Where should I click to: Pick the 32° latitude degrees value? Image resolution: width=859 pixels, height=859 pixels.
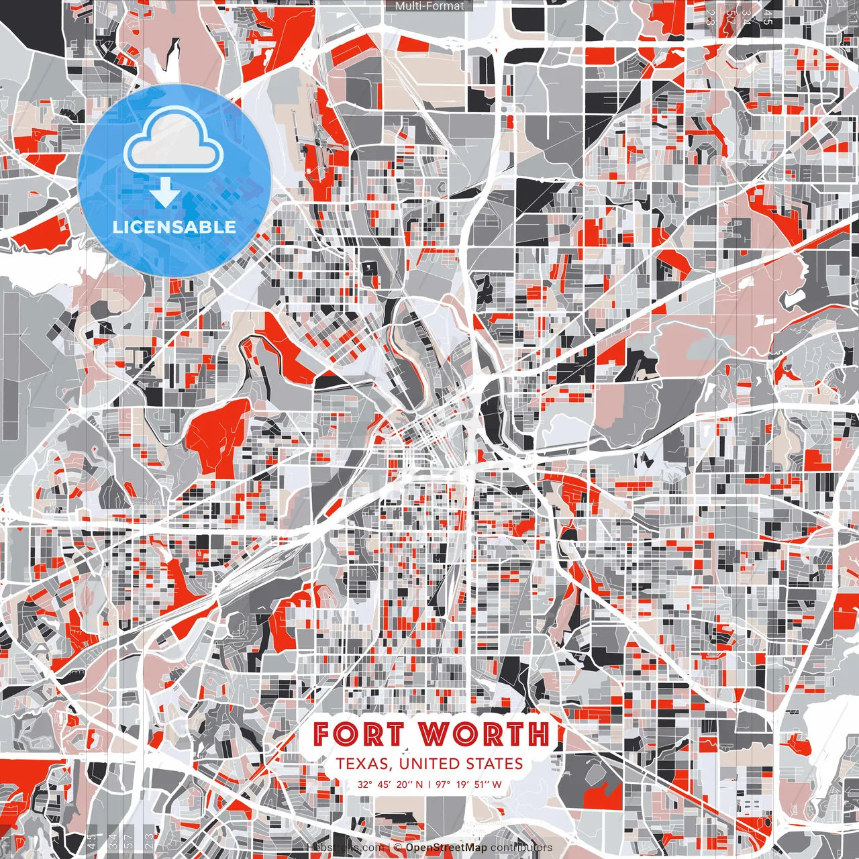click(x=364, y=785)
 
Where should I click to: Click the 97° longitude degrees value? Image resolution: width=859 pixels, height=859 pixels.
click(x=444, y=785)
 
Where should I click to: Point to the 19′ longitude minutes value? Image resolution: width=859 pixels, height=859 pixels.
click(x=465, y=785)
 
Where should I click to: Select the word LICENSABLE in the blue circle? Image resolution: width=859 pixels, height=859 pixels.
click(x=174, y=227)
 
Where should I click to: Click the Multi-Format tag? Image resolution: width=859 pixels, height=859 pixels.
click(x=429, y=6)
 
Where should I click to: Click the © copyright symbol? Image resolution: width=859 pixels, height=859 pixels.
click(x=398, y=848)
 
